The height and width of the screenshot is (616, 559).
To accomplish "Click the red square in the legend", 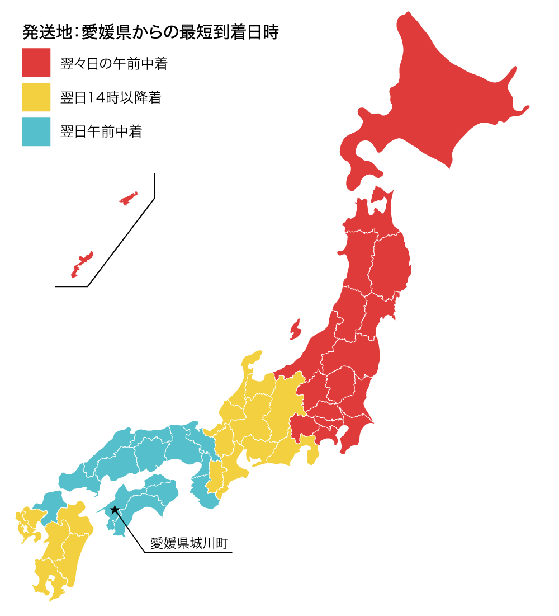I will coord(36,63).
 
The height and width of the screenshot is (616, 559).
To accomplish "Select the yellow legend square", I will coord(36,97).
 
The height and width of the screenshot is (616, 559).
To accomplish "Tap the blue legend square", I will coord(36,132).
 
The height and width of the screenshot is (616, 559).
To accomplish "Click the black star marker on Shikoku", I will coord(115,510).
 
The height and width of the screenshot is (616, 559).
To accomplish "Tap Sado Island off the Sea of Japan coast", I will coord(295,330).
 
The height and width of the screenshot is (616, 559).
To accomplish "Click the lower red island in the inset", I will coord(82,264).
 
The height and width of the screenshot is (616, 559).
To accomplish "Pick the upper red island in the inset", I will coord(128,199).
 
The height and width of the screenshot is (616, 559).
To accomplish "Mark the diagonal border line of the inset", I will coord(120,243).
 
